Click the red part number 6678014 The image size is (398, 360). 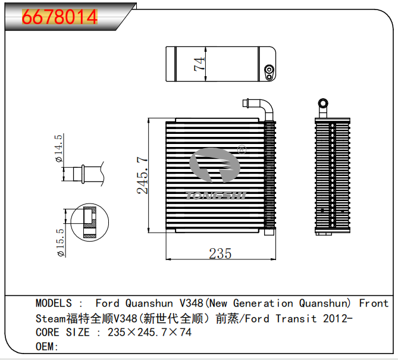(59, 17)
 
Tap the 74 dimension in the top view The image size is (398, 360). (200, 64)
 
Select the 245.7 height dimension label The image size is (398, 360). (142, 176)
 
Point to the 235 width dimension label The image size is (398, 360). (220, 253)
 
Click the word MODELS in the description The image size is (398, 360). (54, 303)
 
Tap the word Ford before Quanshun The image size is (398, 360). (107, 303)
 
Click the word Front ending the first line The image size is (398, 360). (373, 303)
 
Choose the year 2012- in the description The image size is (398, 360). (337, 318)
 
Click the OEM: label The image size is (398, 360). (47, 347)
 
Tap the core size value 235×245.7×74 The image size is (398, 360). (149, 333)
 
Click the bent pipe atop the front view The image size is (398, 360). (261, 108)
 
